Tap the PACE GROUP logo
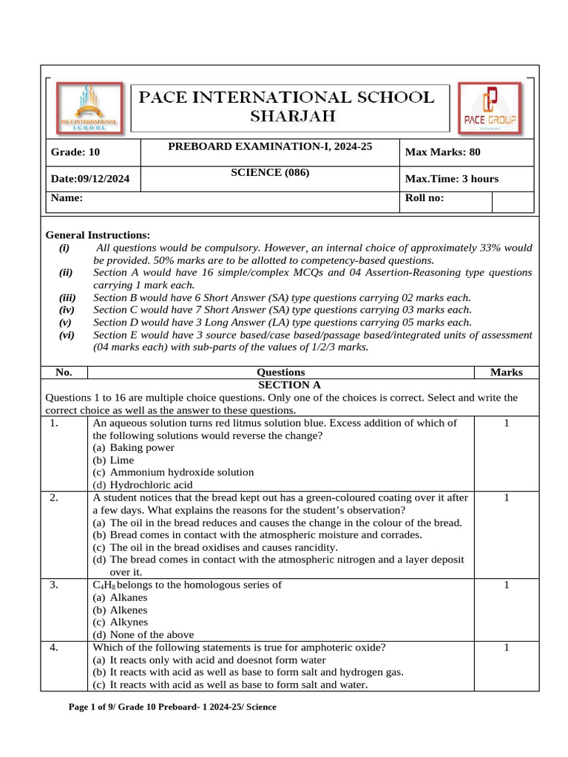click(489, 108)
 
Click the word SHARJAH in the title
click(292, 116)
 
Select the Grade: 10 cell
click(75, 152)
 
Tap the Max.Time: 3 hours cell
click(452, 179)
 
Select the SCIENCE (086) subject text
click(270, 172)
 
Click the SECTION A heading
click(289, 385)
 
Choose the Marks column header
click(506, 373)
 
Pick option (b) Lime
click(113, 460)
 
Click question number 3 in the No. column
click(54, 585)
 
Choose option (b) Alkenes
click(120, 610)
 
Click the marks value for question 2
click(506, 498)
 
